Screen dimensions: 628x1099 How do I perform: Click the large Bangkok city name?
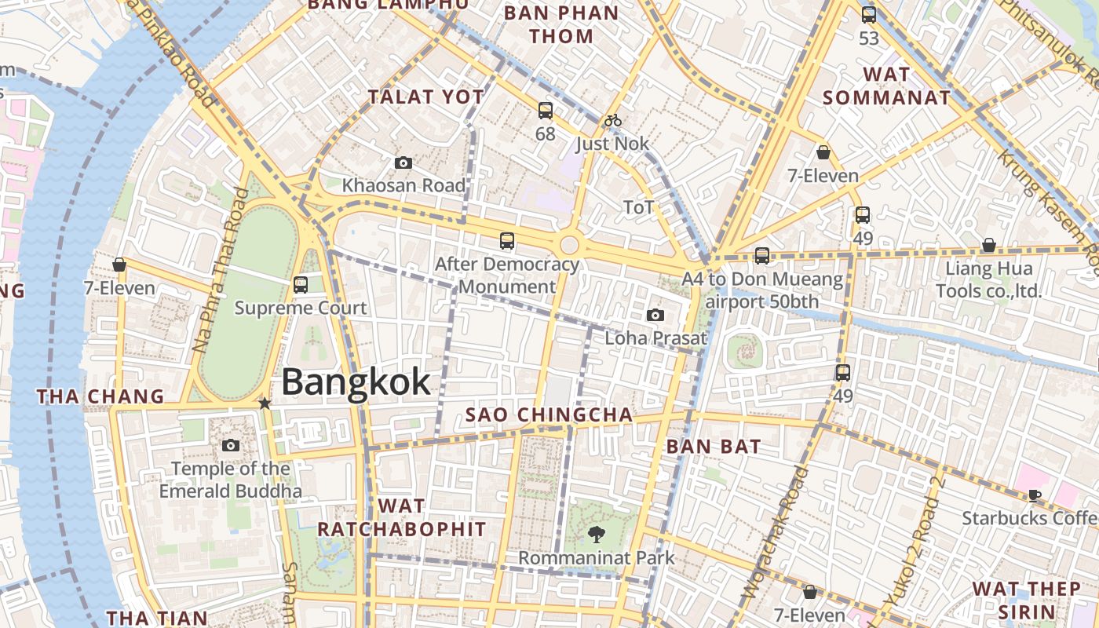[356, 382]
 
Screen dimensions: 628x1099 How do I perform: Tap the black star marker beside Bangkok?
[265, 403]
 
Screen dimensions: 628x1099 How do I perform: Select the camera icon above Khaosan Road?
[403, 162]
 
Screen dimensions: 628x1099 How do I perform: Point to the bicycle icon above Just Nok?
[613, 120]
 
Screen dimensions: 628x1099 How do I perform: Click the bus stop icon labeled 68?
[546, 111]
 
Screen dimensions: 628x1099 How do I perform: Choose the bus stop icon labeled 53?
[869, 14]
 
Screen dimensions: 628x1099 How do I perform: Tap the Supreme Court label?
[301, 308]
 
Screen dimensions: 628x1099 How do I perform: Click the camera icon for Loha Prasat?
[655, 315]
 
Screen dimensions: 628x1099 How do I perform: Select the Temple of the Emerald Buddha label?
[231, 480]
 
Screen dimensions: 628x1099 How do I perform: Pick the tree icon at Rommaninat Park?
[597, 535]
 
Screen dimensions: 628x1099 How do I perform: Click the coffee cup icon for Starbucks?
[1035, 495]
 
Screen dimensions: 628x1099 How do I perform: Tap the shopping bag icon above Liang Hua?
[989, 245]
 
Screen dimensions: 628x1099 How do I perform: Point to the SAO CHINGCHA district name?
[549, 414]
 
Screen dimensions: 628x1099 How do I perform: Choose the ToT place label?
[638, 207]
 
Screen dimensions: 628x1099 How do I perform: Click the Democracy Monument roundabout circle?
[569, 245]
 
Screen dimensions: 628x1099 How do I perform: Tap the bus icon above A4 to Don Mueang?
[761, 255]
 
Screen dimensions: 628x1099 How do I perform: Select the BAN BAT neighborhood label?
[713, 447]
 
